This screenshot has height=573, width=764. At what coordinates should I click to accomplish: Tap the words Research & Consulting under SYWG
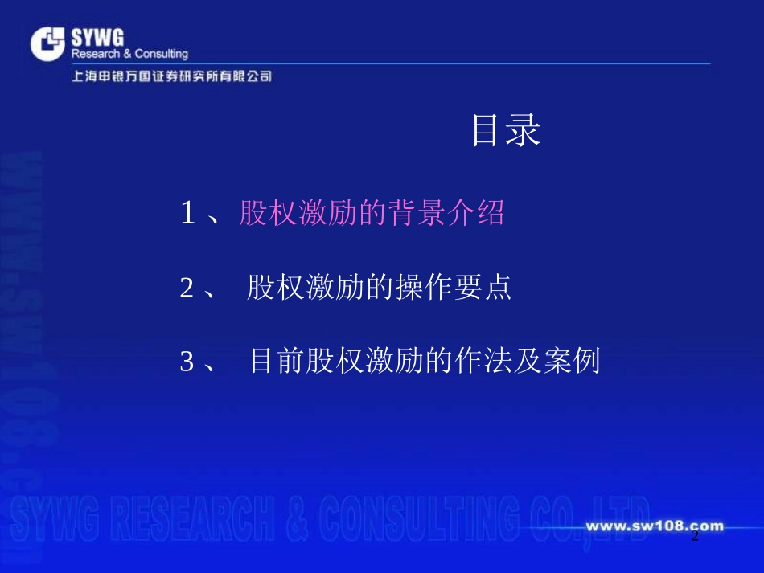pyautogui.click(x=129, y=54)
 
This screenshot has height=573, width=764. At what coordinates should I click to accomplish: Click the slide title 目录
pyautogui.click(x=505, y=131)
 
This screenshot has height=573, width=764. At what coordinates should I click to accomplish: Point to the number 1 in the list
pyautogui.click(x=187, y=214)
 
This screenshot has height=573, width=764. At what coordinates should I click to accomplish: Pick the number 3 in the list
pyautogui.click(x=187, y=362)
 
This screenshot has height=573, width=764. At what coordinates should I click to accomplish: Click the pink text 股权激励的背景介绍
pyautogui.click(x=372, y=214)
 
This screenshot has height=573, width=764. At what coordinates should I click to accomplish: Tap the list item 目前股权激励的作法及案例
pyautogui.click(x=425, y=362)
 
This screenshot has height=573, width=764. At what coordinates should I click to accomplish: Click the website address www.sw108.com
pyautogui.click(x=654, y=527)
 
